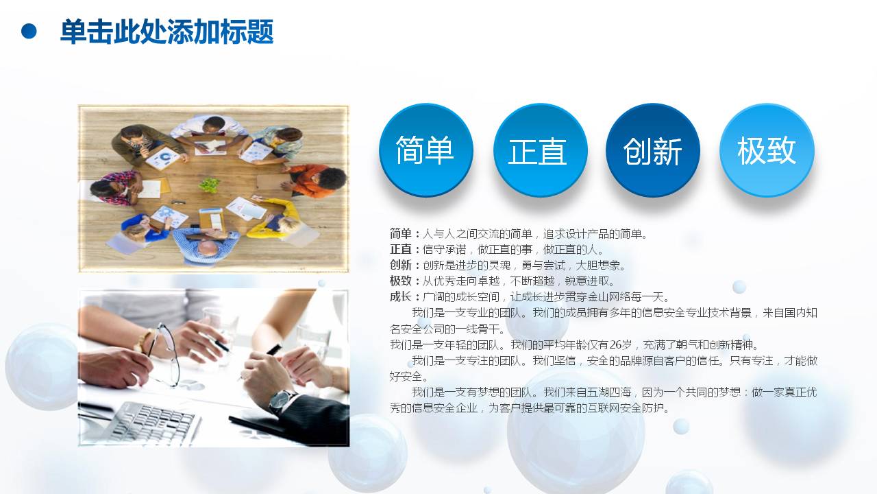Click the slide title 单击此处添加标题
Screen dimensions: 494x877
click(166, 32)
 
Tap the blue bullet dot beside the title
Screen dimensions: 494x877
click(29, 31)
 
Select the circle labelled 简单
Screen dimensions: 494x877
click(425, 150)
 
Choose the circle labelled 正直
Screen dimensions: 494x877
click(540, 150)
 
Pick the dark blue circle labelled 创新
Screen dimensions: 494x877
click(653, 150)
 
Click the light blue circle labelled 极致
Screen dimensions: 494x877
click(767, 150)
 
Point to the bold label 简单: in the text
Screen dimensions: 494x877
click(404, 234)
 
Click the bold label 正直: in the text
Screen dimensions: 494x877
click(404, 250)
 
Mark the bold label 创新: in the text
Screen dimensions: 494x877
click(404, 266)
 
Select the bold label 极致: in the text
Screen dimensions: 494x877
click(404, 281)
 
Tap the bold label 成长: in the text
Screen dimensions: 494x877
click(404, 297)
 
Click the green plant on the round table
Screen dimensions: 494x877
click(210, 185)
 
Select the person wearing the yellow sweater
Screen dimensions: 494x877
click(277, 218)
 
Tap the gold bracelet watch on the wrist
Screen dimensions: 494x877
click(143, 340)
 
